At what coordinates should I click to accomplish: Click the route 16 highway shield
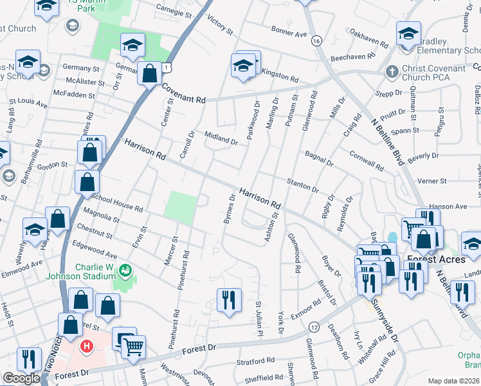click(x=315, y=41)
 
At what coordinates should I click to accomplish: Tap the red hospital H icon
click(x=86, y=347)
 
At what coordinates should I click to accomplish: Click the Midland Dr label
click(x=221, y=137)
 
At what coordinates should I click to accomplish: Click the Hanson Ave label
click(x=449, y=207)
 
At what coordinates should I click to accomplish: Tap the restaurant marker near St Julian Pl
click(x=230, y=300)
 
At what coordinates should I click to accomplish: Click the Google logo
click(x=22, y=378)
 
